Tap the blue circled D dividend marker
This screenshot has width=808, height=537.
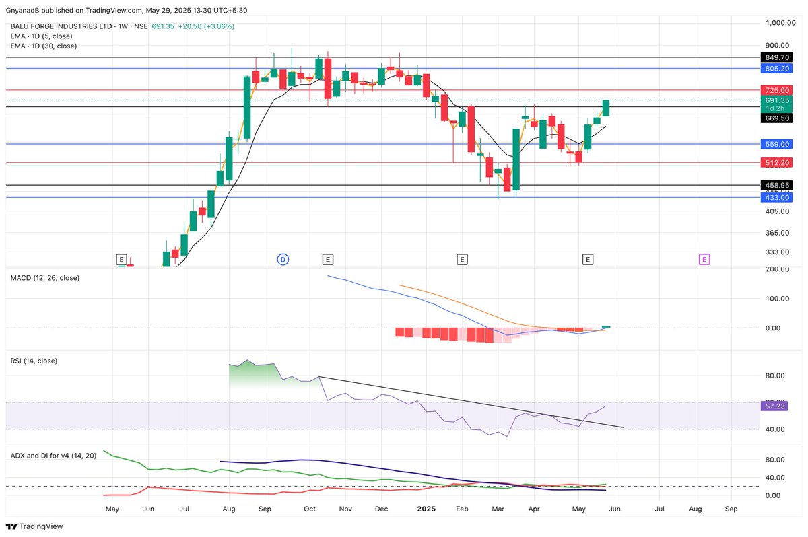[x=283, y=259]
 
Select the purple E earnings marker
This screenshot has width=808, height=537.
[x=704, y=259]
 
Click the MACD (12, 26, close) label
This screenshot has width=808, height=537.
[x=45, y=277]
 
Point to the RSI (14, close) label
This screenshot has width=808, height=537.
[x=34, y=361]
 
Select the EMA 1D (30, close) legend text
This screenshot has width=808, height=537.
[x=44, y=46]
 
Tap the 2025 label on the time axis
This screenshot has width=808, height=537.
[x=426, y=509]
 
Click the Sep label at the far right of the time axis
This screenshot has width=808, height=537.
[x=731, y=509]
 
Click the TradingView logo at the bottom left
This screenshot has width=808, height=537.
[x=34, y=526]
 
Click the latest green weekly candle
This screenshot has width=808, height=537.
[x=606, y=108]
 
